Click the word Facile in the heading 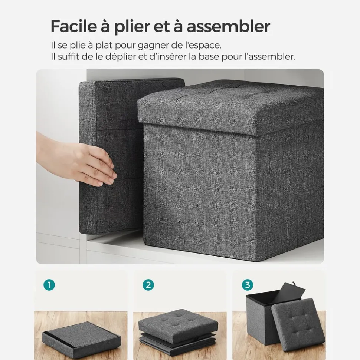tap(73, 26)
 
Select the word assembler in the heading tap(229, 26)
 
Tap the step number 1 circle tap(49, 285)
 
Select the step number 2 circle tap(148, 285)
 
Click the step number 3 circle tap(248, 285)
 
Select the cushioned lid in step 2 tap(178, 321)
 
